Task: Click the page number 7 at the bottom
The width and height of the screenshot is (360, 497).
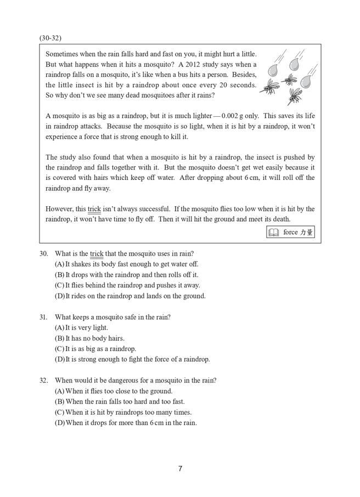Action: tap(180, 468)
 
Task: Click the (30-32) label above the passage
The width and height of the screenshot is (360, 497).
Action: tap(50, 38)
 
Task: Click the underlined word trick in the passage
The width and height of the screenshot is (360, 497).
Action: tap(94, 209)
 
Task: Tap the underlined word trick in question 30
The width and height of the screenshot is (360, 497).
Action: tap(97, 253)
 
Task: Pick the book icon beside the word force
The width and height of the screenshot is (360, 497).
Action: tap(273, 232)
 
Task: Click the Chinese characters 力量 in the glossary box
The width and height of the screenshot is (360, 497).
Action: tap(306, 232)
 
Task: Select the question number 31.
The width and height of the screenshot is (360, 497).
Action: tap(44, 317)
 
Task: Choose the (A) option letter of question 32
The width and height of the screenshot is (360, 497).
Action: tap(59, 391)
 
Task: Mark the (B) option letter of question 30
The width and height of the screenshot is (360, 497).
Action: tap(59, 275)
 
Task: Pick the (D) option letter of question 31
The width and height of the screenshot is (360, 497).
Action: tap(59, 359)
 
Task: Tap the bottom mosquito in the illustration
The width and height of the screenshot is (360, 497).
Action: tap(294, 97)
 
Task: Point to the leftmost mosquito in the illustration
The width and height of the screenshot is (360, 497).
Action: tap(269, 87)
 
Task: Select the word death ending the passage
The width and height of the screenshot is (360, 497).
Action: tap(281, 219)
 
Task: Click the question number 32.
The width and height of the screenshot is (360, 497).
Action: tap(44, 380)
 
